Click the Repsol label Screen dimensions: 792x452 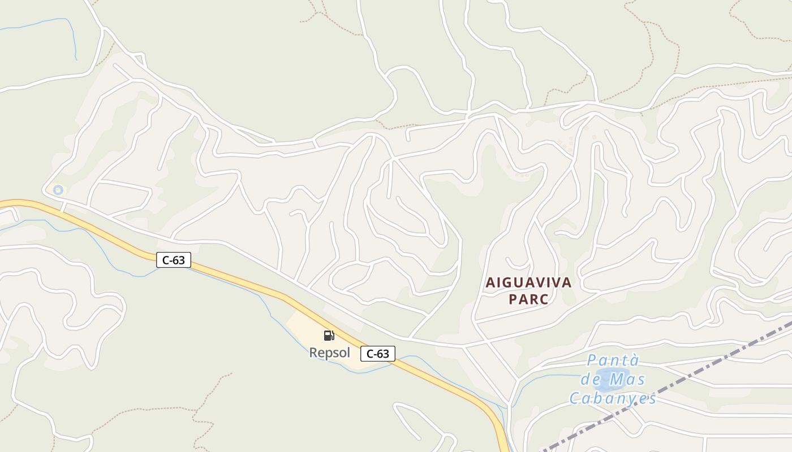pyautogui.click(x=329, y=353)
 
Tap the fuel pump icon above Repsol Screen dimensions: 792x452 pyautogui.click(x=329, y=336)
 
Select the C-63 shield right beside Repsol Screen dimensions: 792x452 pyautogui.click(x=377, y=354)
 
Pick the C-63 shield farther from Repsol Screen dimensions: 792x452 pyautogui.click(x=174, y=260)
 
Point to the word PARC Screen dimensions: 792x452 pyautogui.click(x=528, y=299)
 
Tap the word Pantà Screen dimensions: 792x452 pyautogui.click(x=613, y=360)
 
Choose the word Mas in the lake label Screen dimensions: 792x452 pyautogui.click(x=628, y=379)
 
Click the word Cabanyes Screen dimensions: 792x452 pyautogui.click(x=613, y=398)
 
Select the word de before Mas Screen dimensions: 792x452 pyautogui.click(x=592, y=379)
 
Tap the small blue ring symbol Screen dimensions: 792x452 pyautogui.click(x=58, y=190)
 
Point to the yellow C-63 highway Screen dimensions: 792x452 pyautogui.click(x=238, y=281)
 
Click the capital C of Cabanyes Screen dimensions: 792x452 pyautogui.click(x=574, y=398)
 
